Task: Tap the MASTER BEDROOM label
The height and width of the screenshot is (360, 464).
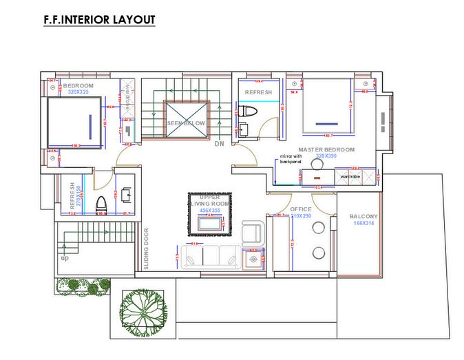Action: [326, 149]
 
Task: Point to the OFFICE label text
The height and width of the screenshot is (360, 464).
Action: [300, 209]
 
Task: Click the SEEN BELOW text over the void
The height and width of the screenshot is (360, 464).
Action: [185, 123]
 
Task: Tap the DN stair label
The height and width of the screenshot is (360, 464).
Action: [219, 144]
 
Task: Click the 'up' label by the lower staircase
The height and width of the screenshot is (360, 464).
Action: [65, 258]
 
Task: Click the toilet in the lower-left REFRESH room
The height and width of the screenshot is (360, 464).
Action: [101, 204]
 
